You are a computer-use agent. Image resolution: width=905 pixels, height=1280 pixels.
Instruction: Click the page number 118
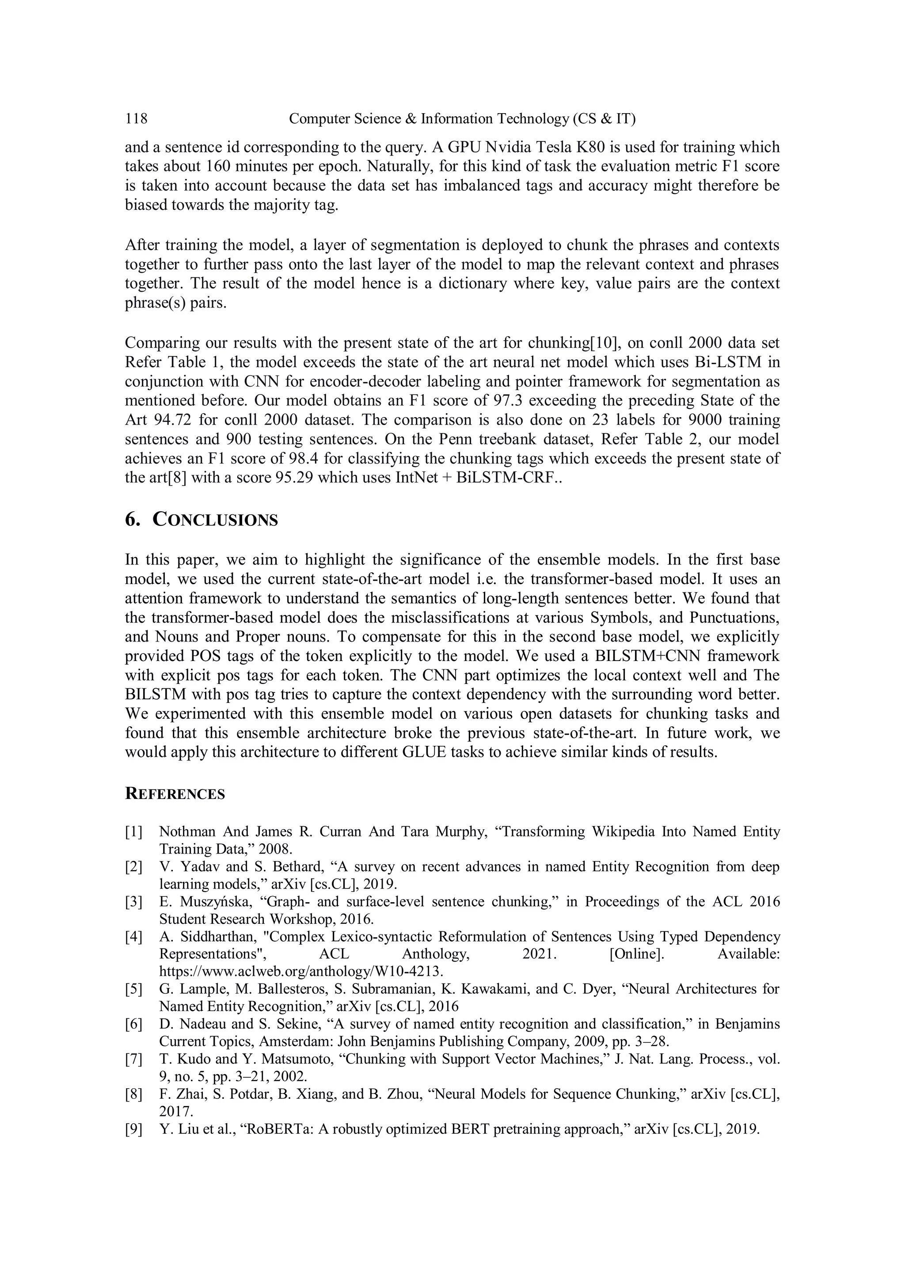136,119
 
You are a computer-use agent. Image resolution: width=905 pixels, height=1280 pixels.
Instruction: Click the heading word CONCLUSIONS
215,520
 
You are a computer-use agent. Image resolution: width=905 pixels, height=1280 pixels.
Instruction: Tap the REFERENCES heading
175,794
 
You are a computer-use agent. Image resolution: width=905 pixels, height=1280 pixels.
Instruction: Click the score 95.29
295,478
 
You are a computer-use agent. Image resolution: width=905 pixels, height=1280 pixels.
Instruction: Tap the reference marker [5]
134,989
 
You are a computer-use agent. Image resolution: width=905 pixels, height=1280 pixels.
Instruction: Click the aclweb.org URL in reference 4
301,972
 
